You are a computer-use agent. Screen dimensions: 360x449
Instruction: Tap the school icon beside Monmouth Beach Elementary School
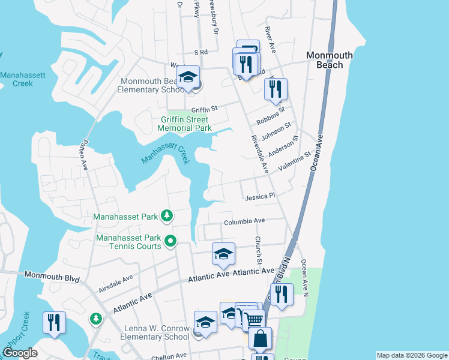pos(188,77)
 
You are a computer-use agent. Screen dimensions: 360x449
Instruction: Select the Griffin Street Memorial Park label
pos(184,124)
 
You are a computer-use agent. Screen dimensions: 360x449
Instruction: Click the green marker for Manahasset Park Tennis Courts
pos(170,242)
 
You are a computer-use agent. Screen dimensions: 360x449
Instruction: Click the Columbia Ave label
pos(244,221)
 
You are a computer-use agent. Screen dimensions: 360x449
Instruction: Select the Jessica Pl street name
pos(259,196)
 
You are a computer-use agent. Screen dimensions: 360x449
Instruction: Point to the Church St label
pos(258,251)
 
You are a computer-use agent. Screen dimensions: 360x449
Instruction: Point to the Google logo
pos(20,353)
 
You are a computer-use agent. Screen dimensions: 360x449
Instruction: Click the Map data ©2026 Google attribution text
pos(412,355)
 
